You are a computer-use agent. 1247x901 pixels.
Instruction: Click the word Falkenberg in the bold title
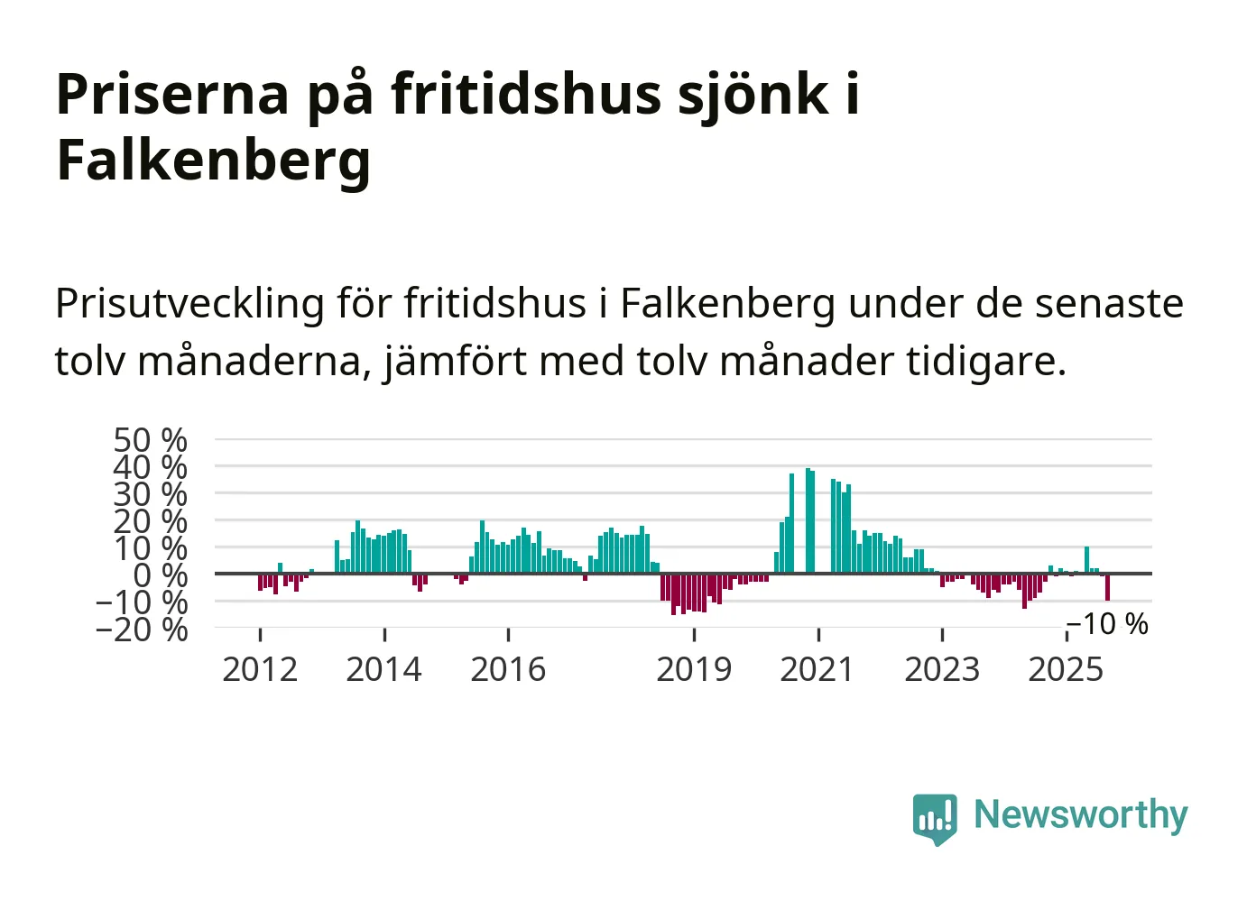(213, 161)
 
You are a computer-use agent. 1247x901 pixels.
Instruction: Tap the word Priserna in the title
(172, 94)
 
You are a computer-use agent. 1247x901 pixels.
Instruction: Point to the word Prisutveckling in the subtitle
(189, 304)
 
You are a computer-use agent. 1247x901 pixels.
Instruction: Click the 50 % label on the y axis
(151, 440)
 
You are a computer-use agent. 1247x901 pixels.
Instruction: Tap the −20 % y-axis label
(143, 629)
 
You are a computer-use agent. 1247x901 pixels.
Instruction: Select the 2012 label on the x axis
(260, 669)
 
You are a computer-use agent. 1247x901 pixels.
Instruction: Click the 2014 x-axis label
(383, 669)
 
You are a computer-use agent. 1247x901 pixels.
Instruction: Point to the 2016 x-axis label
(508, 669)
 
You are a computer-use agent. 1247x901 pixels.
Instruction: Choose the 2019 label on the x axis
(693, 669)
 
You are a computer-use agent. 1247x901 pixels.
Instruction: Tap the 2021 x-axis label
(817, 669)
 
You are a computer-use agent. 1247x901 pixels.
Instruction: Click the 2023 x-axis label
(941, 669)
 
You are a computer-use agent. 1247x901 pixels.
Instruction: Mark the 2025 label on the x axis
(1066, 669)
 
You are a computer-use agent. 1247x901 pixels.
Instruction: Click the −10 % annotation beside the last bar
(1108, 624)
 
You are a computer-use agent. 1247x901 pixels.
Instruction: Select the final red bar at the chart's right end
(1107, 587)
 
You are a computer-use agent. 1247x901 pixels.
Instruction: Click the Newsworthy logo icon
(934, 818)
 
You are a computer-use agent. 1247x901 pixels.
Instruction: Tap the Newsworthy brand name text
(1080, 814)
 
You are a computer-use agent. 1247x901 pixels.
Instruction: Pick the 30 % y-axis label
(151, 494)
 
